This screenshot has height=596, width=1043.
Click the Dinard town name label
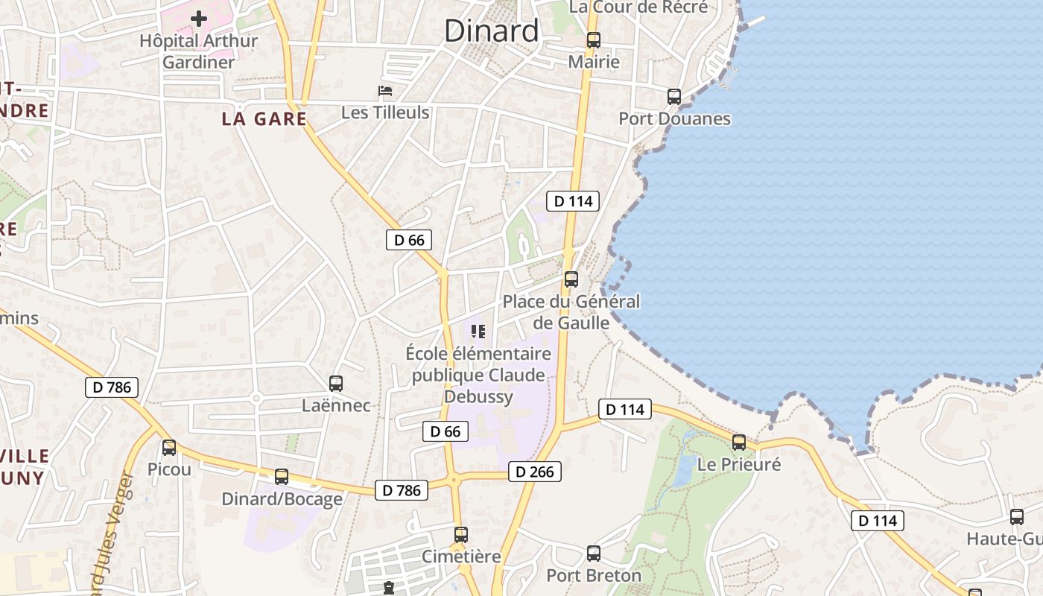click(491, 31)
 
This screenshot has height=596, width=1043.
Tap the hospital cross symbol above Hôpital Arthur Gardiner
click(199, 18)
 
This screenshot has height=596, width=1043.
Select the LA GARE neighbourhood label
click(264, 118)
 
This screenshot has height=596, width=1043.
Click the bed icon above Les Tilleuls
click(385, 92)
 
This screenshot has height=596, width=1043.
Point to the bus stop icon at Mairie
click(594, 40)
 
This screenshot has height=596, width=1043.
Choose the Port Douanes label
click(674, 118)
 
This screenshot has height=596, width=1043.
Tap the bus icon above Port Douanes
click(674, 97)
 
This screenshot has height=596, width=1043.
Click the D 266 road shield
click(535, 472)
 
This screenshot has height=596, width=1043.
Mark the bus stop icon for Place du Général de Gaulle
click(571, 279)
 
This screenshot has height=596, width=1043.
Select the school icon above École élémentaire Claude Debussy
click(478, 331)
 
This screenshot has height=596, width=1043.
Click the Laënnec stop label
click(336, 406)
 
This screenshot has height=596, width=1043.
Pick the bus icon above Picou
click(169, 448)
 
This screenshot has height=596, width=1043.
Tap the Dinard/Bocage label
click(282, 498)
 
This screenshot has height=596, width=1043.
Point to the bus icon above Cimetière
click(461, 534)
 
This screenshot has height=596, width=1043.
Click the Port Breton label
click(594, 575)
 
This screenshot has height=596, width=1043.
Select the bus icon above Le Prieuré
click(739, 443)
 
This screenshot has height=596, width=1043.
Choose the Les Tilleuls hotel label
click(385, 112)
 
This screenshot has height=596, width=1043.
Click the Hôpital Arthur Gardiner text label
click(199, 51)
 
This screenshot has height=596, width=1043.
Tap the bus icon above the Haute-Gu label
click(1017, 517)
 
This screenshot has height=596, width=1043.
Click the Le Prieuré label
click(739, 464)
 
